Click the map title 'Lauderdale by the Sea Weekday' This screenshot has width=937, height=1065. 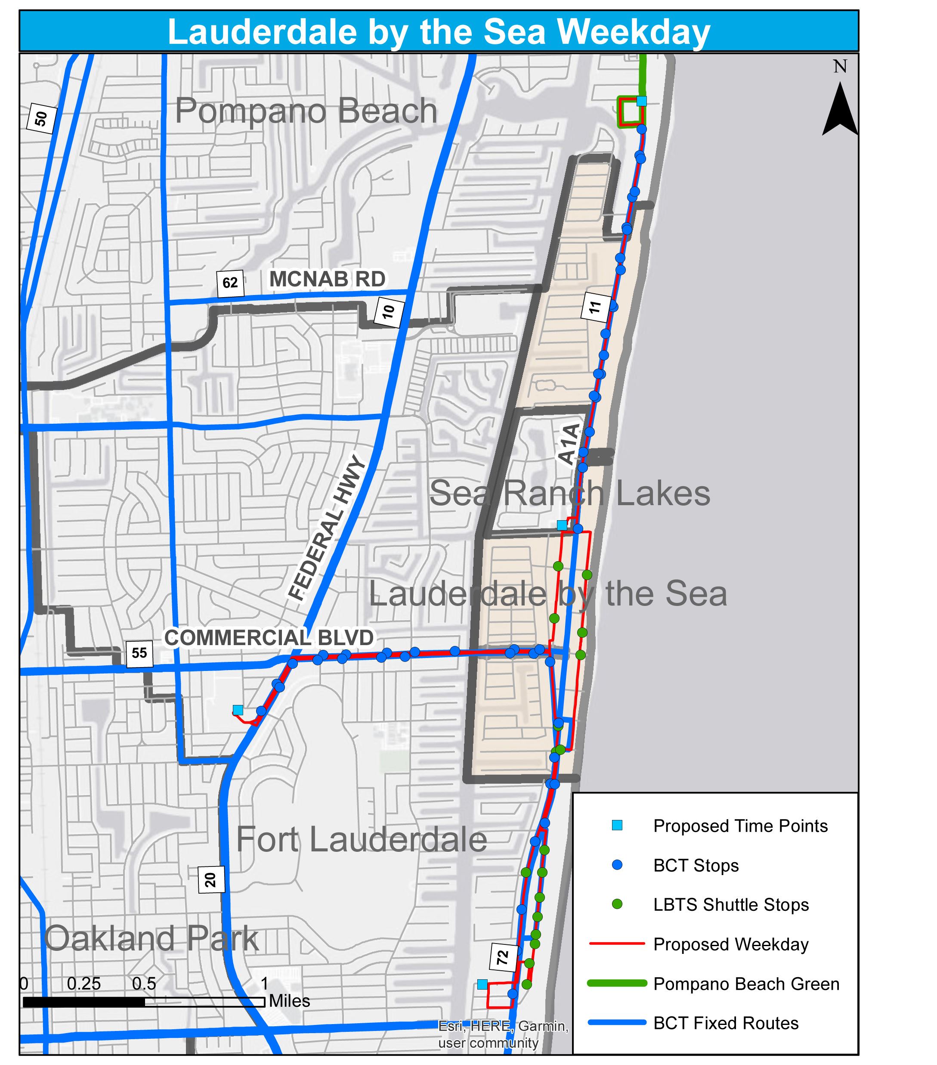(439, 31)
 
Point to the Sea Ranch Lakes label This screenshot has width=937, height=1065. (569, 493)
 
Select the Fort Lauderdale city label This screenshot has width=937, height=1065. (362, 839)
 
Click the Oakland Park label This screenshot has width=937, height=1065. (151, 938)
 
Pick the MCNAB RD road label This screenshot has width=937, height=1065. (327, 279)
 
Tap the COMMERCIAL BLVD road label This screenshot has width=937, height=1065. (269, 638)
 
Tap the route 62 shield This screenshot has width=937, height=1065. (230, 283)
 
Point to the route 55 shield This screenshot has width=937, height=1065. (139, 653)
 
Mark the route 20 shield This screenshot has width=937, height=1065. (210, 879)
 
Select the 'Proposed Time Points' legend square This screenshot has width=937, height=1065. (617, 825)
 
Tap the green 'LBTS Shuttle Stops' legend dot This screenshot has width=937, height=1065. (617, 904)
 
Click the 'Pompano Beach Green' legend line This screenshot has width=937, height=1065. (617, 983)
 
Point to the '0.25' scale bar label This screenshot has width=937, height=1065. (83, 983)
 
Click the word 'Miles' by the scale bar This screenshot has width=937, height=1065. (289, 1000)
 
